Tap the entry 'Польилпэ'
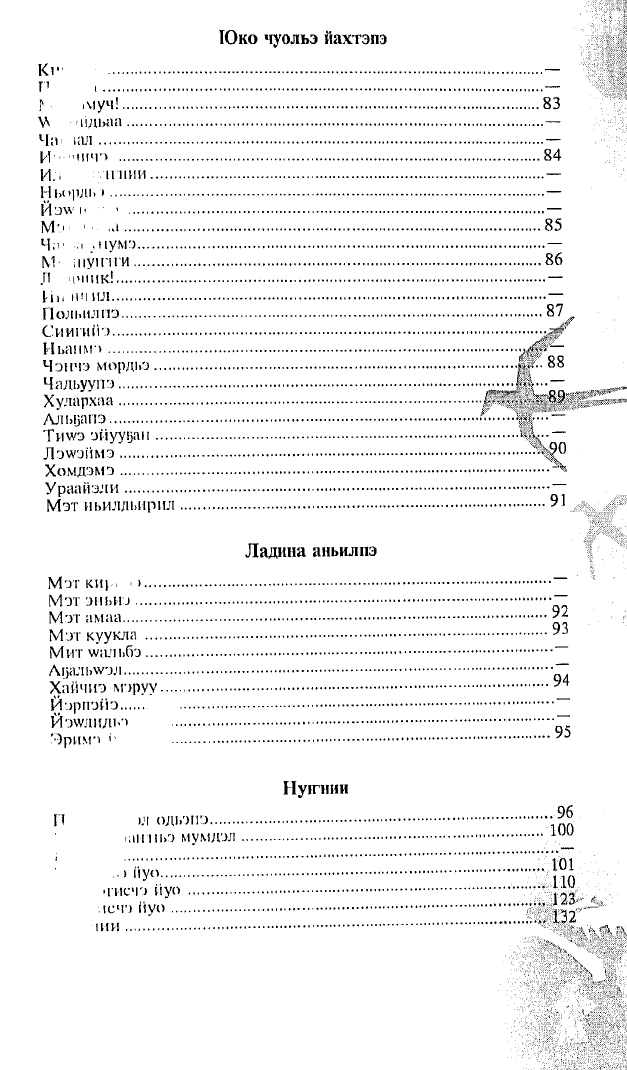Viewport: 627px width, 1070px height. tap(75, 313)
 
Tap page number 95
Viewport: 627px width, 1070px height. tap(561, 735)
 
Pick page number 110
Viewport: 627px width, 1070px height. tap(563, 882)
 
